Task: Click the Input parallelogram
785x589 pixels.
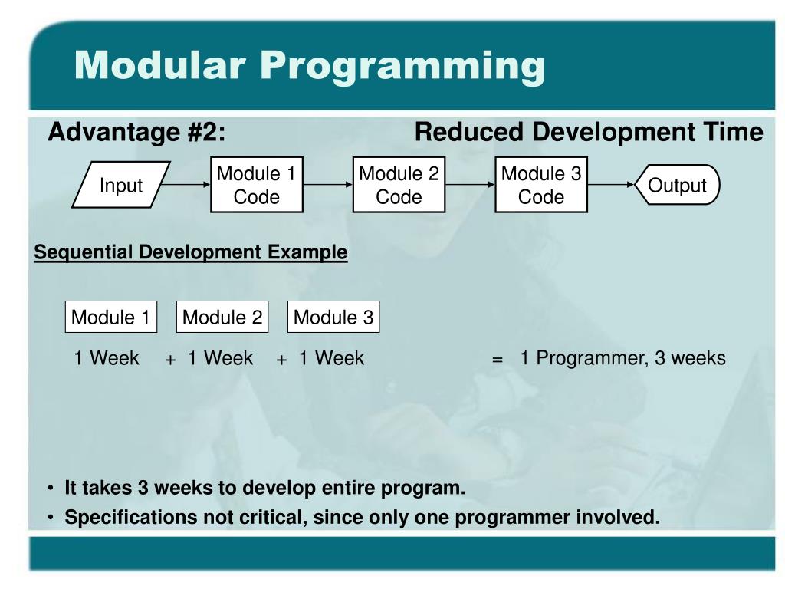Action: tap(121, 185)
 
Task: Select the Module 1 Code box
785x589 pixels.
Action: tap(257, 185)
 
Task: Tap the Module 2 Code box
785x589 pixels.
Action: tap(399, 185)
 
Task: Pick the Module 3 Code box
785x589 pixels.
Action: tap(541, 185)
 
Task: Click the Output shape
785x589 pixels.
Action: tap(677, 185)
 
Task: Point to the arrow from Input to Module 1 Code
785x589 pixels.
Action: tap(186, 184)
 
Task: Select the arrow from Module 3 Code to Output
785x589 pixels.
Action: tap(611, 184)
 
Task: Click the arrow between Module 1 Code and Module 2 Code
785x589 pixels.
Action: tap(328, 184)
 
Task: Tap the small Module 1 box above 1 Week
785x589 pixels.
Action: tap(111, 317)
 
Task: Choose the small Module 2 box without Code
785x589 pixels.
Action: tap(222, 317)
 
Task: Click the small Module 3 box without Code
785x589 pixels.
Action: tap(333, 317)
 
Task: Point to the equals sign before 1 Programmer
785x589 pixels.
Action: tap(497, 359)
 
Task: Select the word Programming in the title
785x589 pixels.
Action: tap(403, 66)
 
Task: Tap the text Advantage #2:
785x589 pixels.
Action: tap(136, 132)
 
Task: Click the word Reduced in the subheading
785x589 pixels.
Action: tap(468, 132)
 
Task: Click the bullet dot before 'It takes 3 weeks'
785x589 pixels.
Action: tap(51, 488)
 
